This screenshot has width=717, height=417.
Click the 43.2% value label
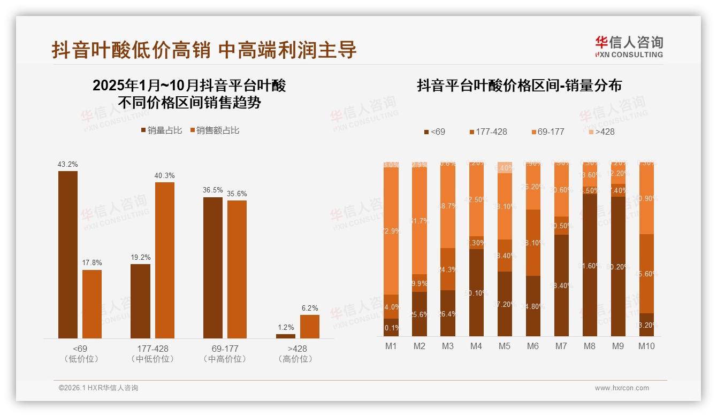68,164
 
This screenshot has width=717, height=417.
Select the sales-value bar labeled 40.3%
165,260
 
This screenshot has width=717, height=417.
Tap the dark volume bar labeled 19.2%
141,301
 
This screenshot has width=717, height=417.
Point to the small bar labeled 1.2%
286,336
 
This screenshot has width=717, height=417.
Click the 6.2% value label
310,308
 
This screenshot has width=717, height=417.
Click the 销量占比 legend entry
161,130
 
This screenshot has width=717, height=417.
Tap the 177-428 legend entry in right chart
487,132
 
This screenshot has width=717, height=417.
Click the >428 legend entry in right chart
601,132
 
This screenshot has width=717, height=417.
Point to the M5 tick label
505,346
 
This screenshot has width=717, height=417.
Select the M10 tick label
646,346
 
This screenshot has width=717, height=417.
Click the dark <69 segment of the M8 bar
590,265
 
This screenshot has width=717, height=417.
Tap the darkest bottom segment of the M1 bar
391,328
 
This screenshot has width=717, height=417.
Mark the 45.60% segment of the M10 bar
646,273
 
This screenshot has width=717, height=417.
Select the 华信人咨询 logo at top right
629,47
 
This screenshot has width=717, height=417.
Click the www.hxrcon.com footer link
622,388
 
